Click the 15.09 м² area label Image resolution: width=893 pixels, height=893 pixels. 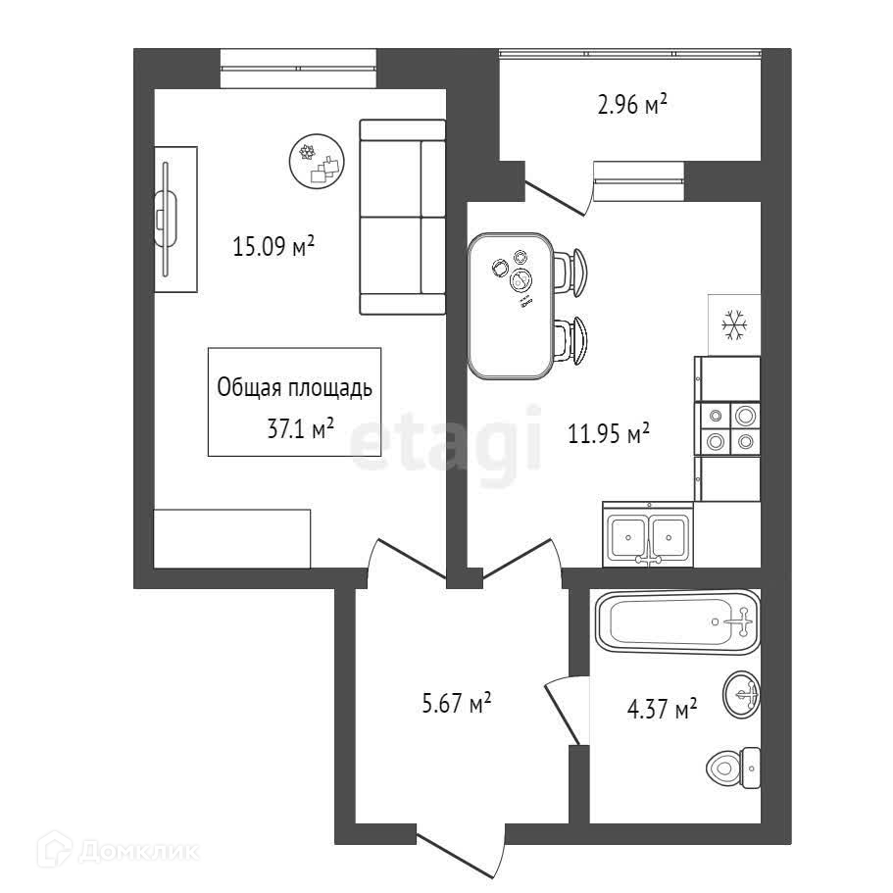pyautogui.click(x=273, y=245)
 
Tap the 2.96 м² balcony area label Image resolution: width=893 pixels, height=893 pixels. pyautogui.click(x=632, y=104)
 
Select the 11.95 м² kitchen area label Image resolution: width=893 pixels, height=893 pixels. pyautogui.click(x=610, y=431)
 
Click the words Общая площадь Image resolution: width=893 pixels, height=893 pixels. pyautogui.click(x=293, y=388)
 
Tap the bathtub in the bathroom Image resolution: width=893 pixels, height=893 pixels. pyautogui.click(x=676, y=621)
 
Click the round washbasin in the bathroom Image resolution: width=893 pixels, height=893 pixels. pyautogui.click(x=743, y=695)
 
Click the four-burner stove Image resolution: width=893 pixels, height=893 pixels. pyautogui.click(x=727, y=429)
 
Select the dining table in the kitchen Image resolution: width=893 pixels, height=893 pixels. pyautogui.click(x=509, y=305)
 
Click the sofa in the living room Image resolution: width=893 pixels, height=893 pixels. pyautogui.click(x=403, y=217)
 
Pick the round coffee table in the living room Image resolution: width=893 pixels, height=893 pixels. pyautogui.click(x=319, y=163)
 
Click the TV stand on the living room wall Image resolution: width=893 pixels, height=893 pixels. pyautogui.click(x=176, y=219)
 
